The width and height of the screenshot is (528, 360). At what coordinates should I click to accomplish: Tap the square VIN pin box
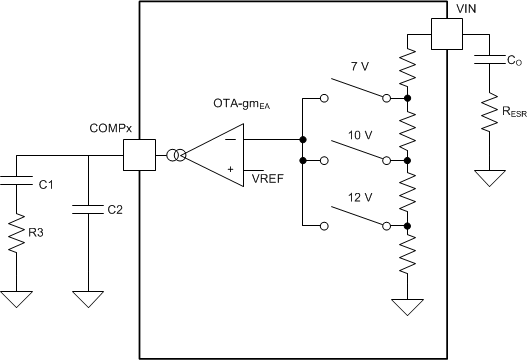point(446,36)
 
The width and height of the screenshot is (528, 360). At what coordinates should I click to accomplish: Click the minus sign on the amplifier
point(232,141)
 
